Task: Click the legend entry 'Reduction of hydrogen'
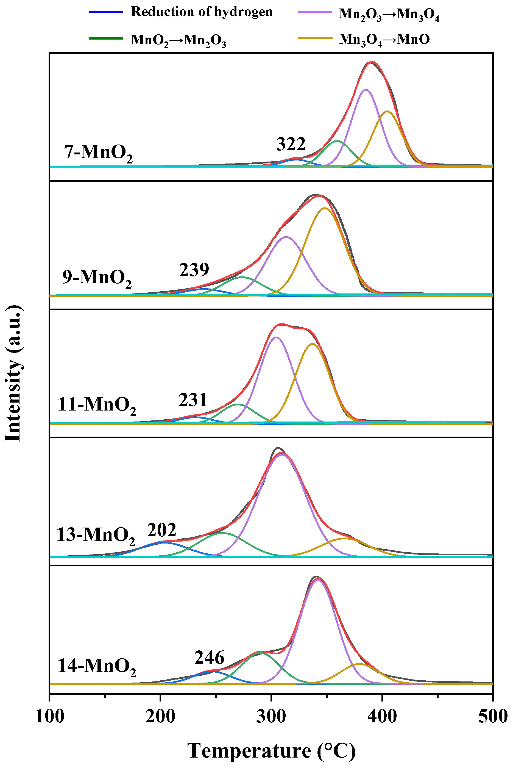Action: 202,12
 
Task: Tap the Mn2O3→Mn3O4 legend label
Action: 389,14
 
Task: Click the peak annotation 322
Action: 291,144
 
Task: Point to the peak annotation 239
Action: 194,270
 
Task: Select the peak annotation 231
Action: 193,400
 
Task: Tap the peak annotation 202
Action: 162,530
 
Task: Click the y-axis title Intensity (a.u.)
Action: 14,373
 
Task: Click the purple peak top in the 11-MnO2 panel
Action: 276,337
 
